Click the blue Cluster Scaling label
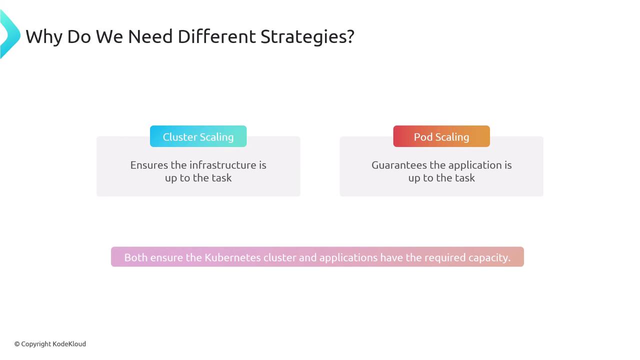[x=198, y=136]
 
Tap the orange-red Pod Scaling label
[x=441, y=136]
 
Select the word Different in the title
[x=216, y=36]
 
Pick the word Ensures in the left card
[x=149, y=165]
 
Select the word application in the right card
[x=465, y=165]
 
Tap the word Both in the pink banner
[x=135, y=257]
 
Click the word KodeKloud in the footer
[x=69, y=343]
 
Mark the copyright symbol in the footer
[x=17, y=344]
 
